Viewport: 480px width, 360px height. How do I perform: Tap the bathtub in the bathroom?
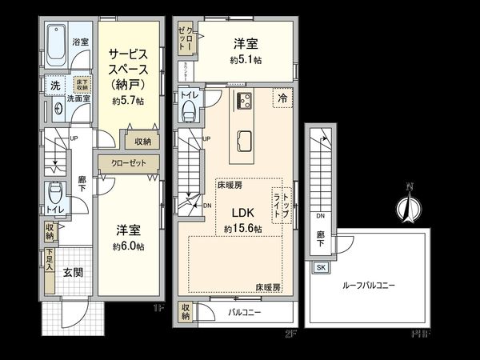[x=55, y=46]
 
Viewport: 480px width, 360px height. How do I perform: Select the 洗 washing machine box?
[x=54, y=85]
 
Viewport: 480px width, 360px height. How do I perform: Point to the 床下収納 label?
[x=82, y=84]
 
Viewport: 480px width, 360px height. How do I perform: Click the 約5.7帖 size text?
[x=128, y=101]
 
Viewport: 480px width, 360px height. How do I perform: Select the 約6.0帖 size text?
[x=128, y=246]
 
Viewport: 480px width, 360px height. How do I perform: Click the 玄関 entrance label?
[x=73, y=272]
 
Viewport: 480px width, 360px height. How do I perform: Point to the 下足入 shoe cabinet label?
[x=49, y=262]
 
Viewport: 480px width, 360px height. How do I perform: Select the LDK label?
[x=243, y=214]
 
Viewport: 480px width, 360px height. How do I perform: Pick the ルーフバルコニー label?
[x=369, y=285]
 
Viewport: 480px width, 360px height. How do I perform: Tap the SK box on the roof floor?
[x=321, y=267]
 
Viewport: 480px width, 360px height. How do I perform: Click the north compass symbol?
[x=409, y=207]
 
